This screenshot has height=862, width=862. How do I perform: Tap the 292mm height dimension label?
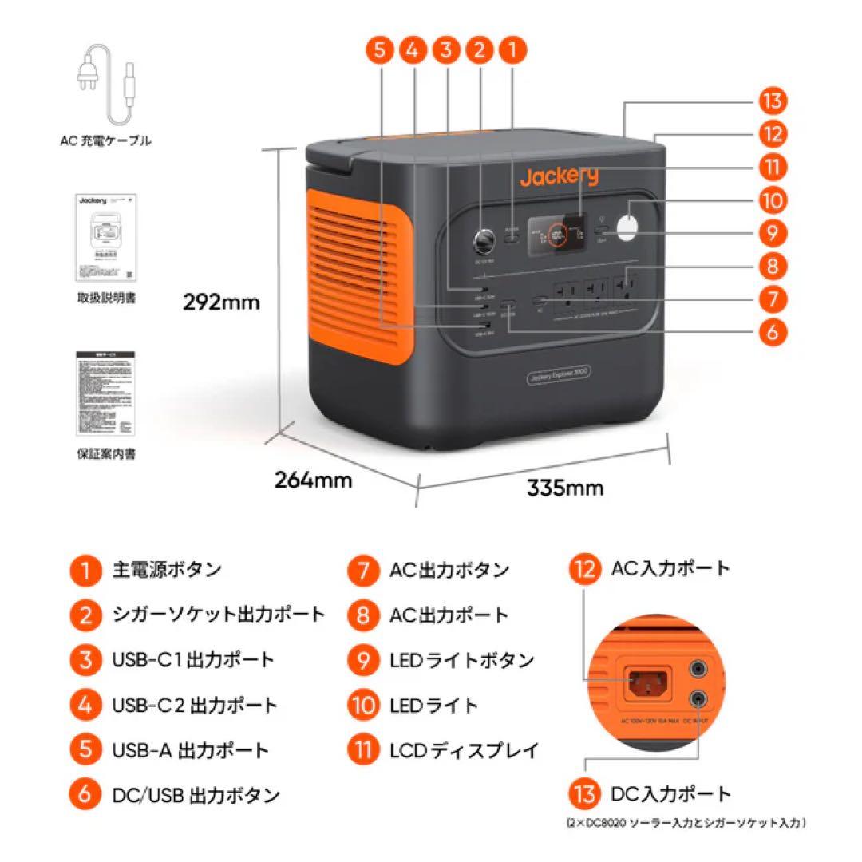(x=222, y=302)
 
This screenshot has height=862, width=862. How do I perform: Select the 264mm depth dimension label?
(x=313, y=480)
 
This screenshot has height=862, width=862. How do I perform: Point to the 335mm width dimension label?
(x=565, y=487)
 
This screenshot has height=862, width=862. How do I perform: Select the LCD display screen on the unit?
(x=559, y=234)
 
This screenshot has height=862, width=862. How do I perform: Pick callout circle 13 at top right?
(x=772, y=102)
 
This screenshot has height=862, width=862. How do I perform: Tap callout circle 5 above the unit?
(x=381, y=50)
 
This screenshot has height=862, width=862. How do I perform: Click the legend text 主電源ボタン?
(x=165, y=570)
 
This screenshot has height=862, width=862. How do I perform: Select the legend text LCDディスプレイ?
(x=465, y=750)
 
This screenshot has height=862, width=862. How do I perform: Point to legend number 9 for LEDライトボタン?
(x=362, y=661)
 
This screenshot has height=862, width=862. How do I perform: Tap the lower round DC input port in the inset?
(x=700, y=698)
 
